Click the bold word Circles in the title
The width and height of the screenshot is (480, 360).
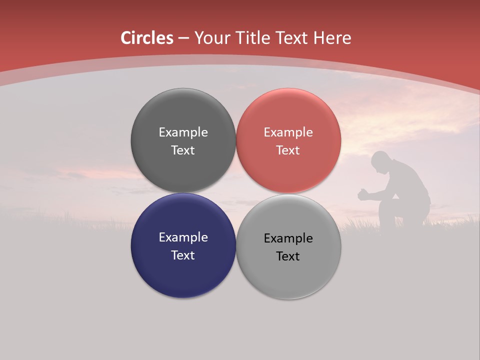coord(147,38)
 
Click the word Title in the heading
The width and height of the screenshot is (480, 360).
coord(251,38)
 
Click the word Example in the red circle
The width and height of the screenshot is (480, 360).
coord(288,132)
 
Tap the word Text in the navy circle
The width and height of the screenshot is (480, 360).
coord(183,255)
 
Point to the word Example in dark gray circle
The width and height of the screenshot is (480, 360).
coord(183,132)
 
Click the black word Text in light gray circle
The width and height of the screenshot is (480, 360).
coord(288,256)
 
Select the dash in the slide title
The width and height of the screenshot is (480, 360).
coord(183,38)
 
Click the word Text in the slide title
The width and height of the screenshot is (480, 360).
coord(292,38)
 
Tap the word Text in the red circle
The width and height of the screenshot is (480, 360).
coord(288,150)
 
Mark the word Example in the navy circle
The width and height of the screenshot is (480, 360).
coord(183,237)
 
